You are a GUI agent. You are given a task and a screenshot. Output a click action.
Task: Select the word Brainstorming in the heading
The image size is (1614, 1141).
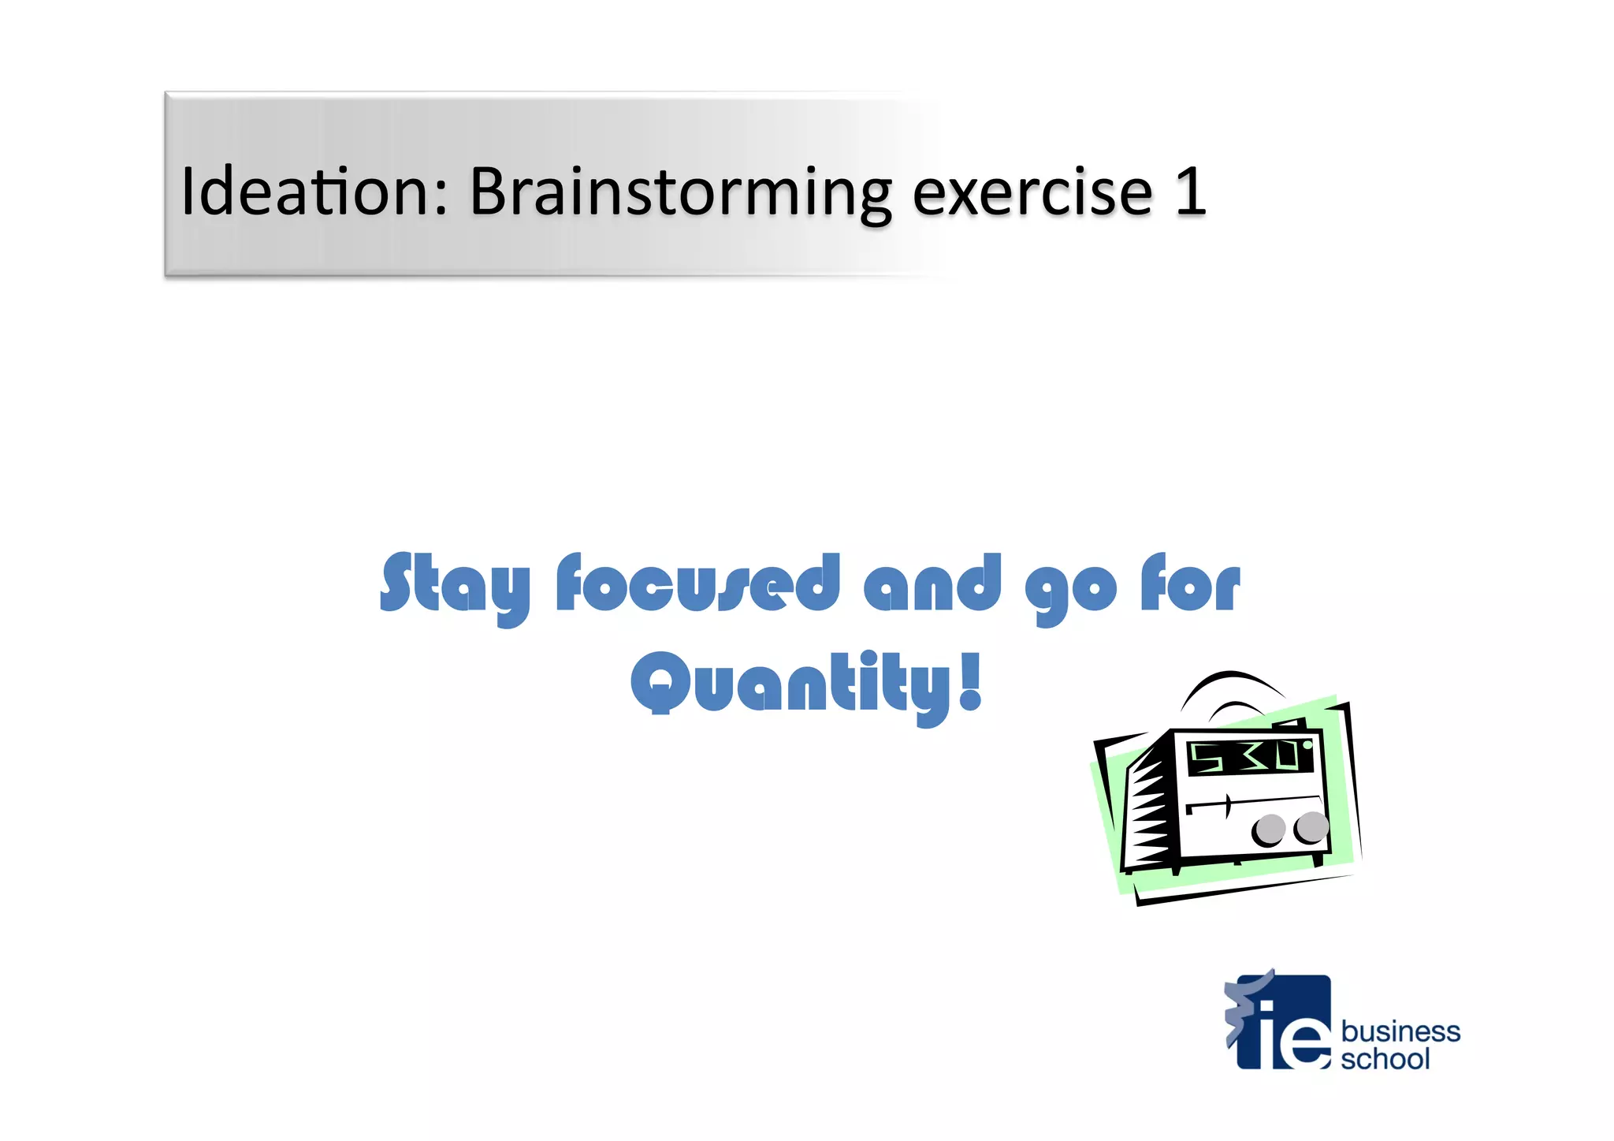(680, 193)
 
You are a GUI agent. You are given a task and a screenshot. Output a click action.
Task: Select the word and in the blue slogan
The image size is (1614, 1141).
(932, 584)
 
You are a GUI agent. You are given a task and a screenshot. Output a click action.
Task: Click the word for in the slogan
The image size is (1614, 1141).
(1190, 584)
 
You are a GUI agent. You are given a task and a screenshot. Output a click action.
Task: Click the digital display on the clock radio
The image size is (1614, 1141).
(1249, 757)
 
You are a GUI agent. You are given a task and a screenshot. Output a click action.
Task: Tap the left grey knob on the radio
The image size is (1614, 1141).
(1270, 829)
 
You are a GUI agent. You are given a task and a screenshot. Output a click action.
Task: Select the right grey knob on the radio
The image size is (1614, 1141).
(1311, 826)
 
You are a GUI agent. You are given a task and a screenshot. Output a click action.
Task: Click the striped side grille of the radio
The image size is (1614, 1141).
(1153, 808)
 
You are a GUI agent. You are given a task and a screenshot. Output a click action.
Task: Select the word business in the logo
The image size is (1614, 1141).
(1400, 1031)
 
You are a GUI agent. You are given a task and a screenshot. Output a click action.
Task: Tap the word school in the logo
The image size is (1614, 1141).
(1385, 1059)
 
